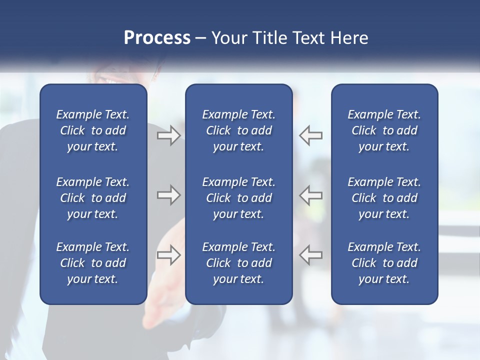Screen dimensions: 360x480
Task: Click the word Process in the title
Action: pyautogui.click(x=157, y=38)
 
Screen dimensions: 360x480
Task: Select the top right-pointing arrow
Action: pyautogui.click(x=168, y=135)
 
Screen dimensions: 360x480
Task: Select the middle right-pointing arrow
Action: pyautogui.click(x=168, y=195)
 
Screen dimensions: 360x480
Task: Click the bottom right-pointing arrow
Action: pyautogui.click(x=168, y=255)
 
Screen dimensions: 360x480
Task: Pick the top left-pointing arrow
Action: pyautogui.click(x=311, y=135)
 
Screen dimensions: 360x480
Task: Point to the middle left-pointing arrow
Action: pyautogui.click(x=311, y=195)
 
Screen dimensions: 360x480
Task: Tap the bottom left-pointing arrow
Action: pyautogui.click(x=311, y=255)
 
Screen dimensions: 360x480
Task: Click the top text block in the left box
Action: pyautogui.click(x=93, y=130)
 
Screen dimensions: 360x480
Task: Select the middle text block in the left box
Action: pyautogui.click(x=93, y=198)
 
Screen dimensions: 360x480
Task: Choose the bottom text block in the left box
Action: pyautogui.click(x=93, y=263)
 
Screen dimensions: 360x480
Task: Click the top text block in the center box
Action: pyautogui.click(x=238, y=130)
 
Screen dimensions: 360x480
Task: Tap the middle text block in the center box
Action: pyautogui.click(x=238, y=198)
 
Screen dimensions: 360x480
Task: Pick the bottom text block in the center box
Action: pyautogui.click(x=238, y=263)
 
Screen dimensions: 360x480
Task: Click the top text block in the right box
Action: pyautogui.click(x=384, y=130)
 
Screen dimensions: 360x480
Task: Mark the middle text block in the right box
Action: pyautogui.click(x=384, y=198)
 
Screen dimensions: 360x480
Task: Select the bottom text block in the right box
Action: pyautogui.click(x=384, y=263)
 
